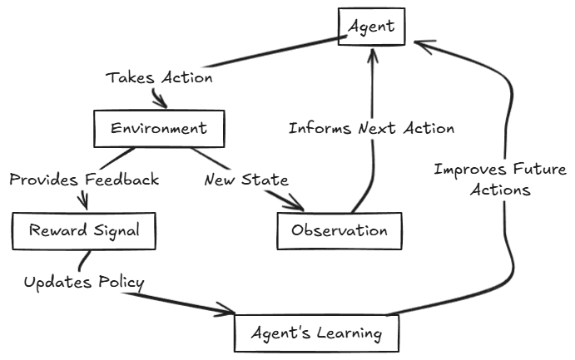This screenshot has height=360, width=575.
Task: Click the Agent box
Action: (x=371, y=27)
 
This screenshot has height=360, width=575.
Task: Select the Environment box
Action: (x=158, y=129)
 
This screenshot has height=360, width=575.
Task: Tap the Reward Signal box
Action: (x=84, y=230)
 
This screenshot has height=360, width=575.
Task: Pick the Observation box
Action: (x=340, y=231)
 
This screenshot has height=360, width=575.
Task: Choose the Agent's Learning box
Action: (x=317, y=333)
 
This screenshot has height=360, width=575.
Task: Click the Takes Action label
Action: (x=159, y=78)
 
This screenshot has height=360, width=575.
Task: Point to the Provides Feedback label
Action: (x=84, y=180)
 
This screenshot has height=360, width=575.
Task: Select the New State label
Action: (x=246, y=180)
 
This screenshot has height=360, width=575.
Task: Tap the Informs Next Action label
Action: (x=371, y=129)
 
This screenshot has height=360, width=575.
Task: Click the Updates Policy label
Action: (x=83, y=283)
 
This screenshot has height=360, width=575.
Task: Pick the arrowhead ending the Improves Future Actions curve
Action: (x=421, y=46)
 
